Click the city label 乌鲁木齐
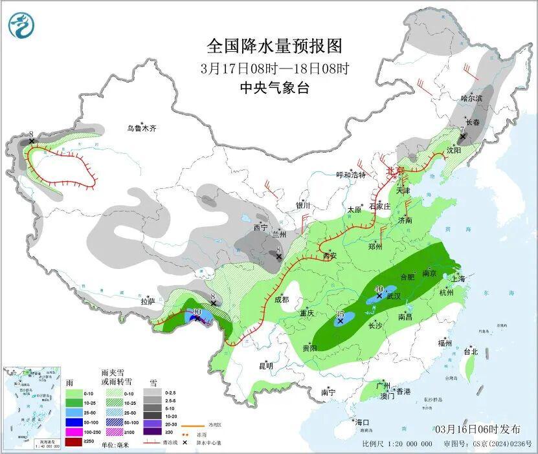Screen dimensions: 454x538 tap(141, 129)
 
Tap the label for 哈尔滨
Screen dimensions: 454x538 tap(472, 98)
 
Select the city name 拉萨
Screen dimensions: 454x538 tap(148, 301)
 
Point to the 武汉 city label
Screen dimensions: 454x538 tap(394, 296)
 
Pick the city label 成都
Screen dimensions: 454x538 tap(282, 299)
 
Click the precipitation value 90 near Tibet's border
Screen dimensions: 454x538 tap(197, 313)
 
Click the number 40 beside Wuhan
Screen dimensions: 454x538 tap(379, 288)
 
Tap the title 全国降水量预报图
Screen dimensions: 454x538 tap(274, 47)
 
